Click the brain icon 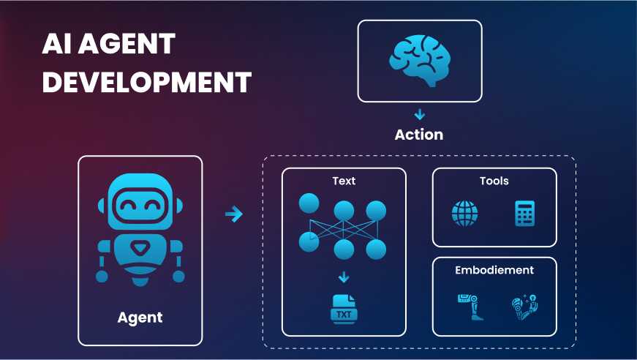pos(419,60)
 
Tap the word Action pos(419,135)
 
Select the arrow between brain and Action pos(419,115)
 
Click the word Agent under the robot pos(140,318)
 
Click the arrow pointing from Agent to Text pos(233,214)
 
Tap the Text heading pos(344,181)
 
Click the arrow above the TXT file pos(344,277)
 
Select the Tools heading pos(494,181)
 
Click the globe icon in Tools pos(464,214)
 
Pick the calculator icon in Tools pos(524,214)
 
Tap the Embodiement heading pos(494,270)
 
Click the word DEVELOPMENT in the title pos(146,81)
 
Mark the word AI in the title pos(57,45)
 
